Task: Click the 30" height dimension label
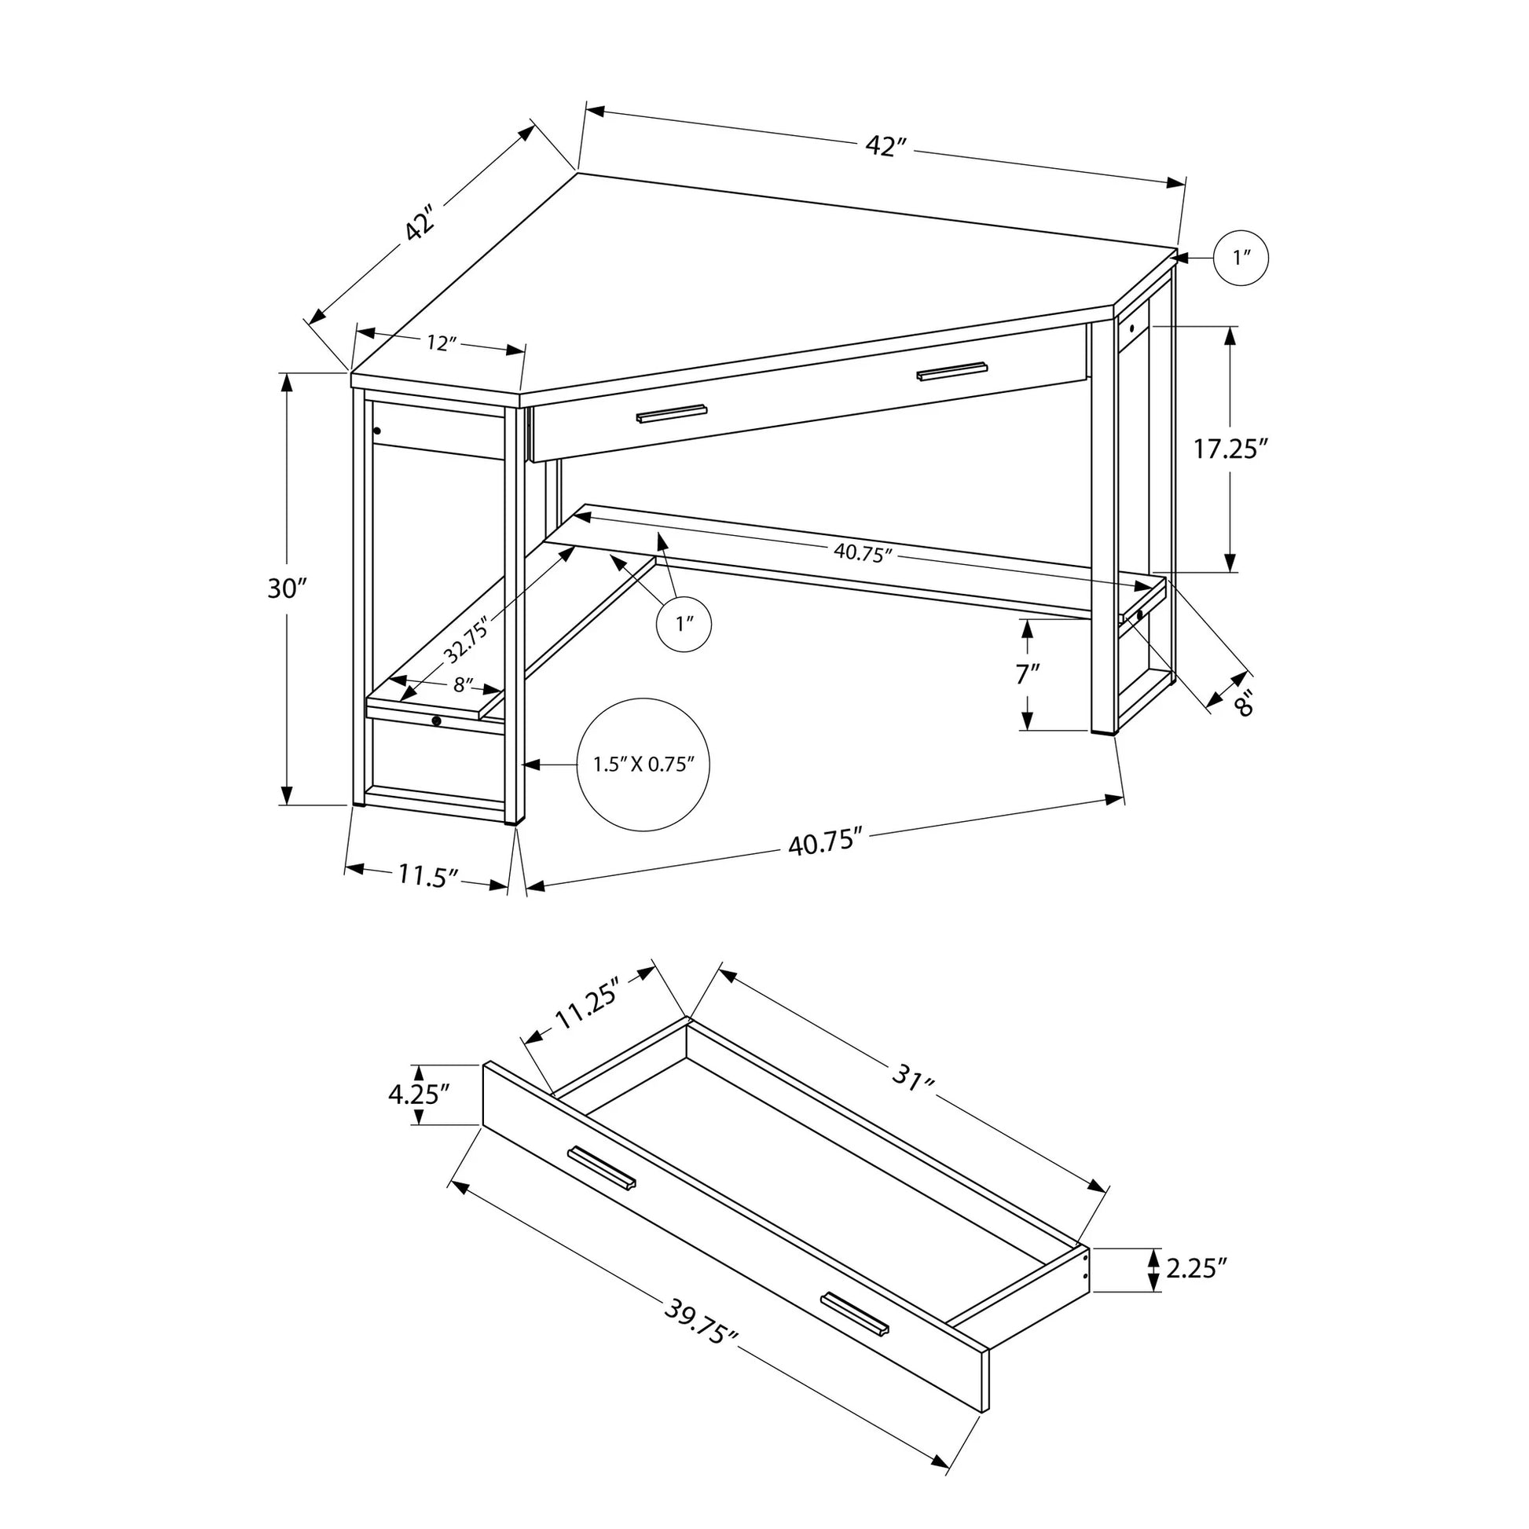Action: (x=287, y=588)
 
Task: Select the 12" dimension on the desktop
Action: (x=442, y=343)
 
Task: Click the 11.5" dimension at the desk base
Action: (x=428, y=875)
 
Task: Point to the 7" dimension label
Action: (x=1027, y=674)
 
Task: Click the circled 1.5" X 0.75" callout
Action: (x=643, y=764)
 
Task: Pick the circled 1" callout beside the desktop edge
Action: (x=1241, y=258)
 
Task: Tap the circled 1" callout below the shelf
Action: (x=684, y=624)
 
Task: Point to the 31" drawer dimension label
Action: (x=914, y=1078)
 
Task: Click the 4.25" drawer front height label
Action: (x=419, y=1094)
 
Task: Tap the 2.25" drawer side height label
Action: (x=1196, y=1292)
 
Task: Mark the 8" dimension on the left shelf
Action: (x=464, y=684)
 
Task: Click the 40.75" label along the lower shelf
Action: (x=863, y=553)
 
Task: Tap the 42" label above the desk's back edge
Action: (x=885, y=147)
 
